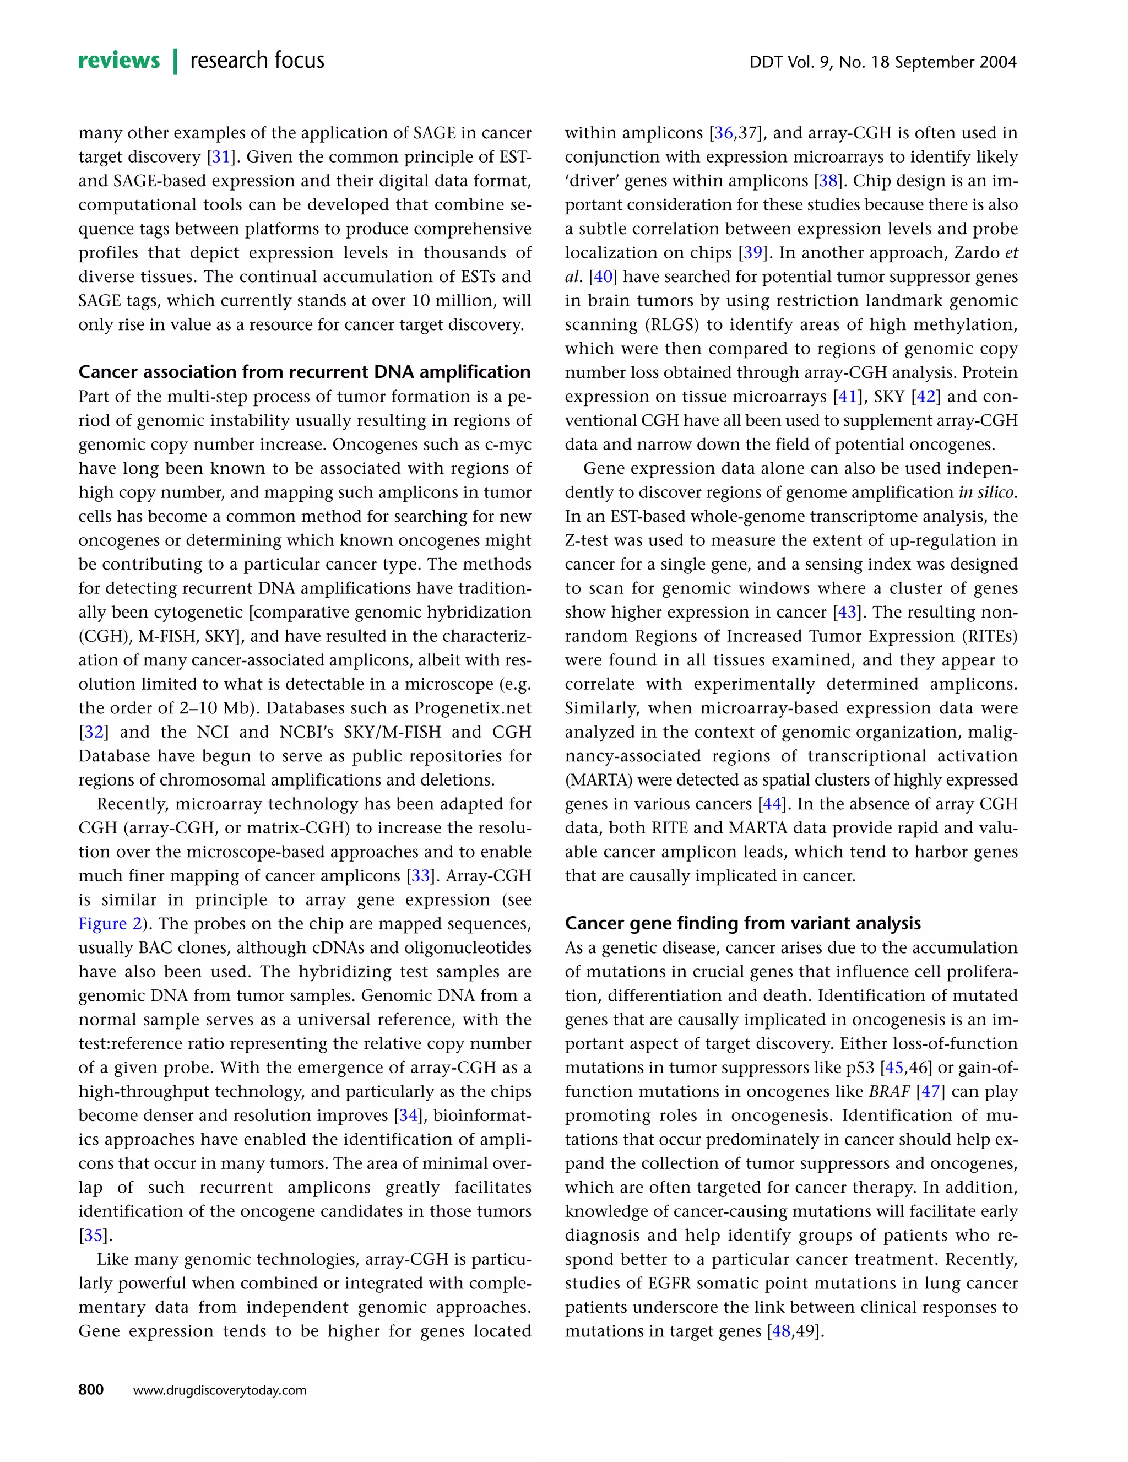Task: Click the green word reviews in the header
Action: [119, 61]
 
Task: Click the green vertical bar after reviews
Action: [175, 61]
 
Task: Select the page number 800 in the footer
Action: [91, 1390]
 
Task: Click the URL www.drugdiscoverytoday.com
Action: [220, 1390]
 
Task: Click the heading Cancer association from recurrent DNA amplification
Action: [304, 372]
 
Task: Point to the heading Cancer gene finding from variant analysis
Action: [742, 923]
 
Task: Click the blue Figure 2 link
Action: [110, 924]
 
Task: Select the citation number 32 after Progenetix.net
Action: [93, 732]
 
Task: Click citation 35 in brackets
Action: [93, 1236]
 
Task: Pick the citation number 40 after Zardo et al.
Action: [603, 277]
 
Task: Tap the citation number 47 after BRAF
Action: [930, 1092]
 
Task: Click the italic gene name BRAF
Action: [889, 1092]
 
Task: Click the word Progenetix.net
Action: [473, 708]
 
